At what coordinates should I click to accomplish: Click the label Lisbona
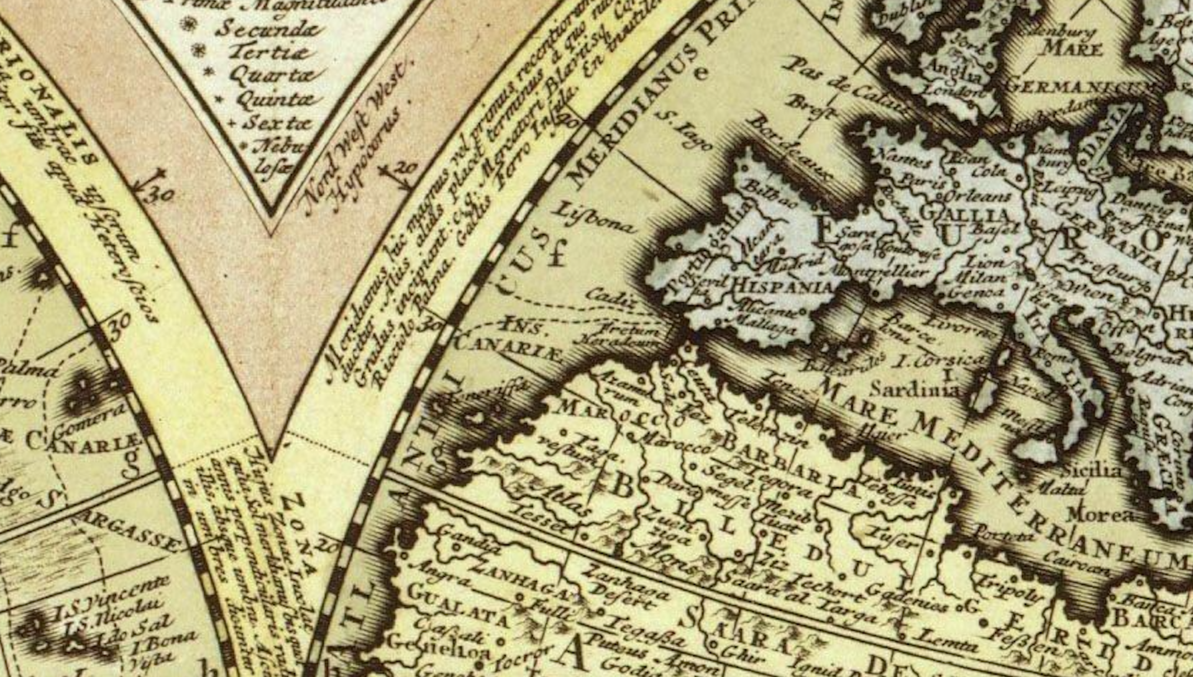click(593, 217)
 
